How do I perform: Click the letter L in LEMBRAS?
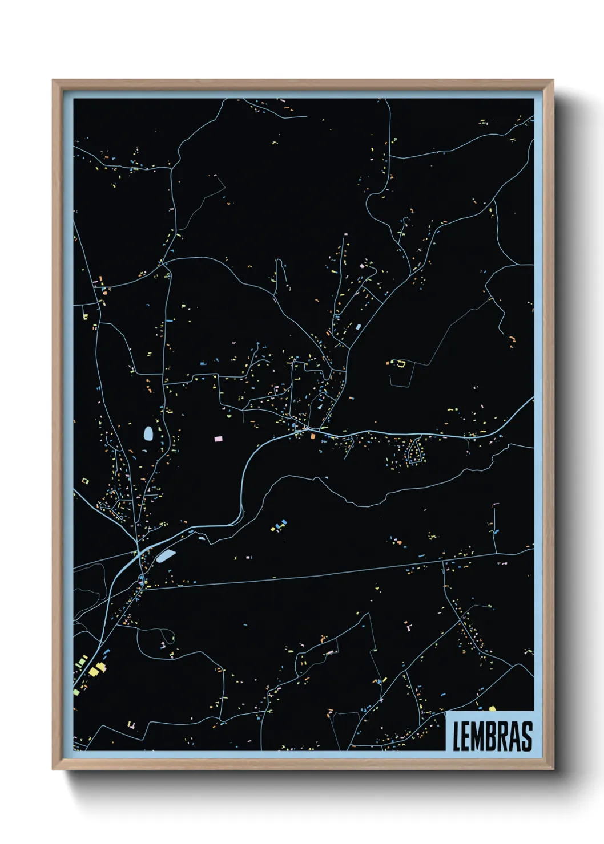(x=457, y=736)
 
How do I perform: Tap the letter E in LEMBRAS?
(x=467, y=736)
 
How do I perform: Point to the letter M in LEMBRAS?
(x=480, y=736)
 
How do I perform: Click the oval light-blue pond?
(x=148, y=435)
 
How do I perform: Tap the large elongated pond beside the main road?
(x=166, y=555)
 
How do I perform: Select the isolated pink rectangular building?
(x=218, y=439)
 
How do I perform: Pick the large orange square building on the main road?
(x=313, y=436)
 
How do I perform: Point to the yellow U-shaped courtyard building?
(x=400, y=363)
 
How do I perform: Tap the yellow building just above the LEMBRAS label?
(x=492, y=708)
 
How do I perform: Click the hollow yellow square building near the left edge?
(x=86, y=481)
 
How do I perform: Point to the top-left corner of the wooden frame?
(x=53, y=80)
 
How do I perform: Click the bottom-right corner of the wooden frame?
(x=553, y=769)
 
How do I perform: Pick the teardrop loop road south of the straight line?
(x=166, y=636)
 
